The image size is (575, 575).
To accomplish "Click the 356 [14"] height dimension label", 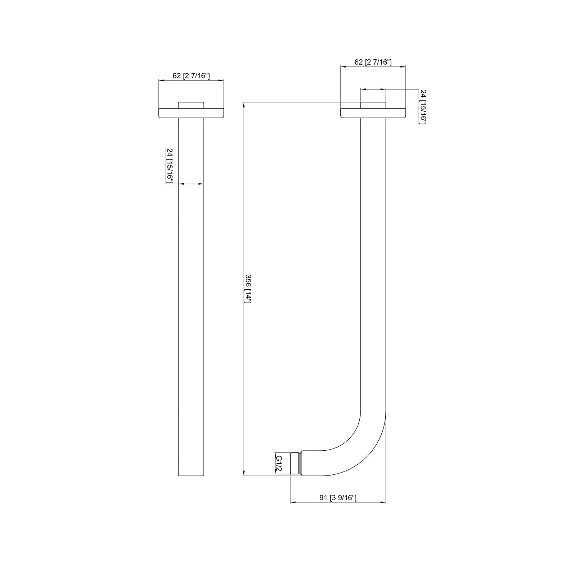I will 248,289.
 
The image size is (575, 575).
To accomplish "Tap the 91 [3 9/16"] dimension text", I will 338,498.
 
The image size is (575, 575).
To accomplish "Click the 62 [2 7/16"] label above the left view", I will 191,76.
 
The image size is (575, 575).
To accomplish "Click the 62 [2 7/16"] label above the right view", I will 373,62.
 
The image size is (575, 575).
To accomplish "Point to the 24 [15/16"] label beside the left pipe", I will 169,166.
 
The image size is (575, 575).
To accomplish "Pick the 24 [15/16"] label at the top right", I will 423,107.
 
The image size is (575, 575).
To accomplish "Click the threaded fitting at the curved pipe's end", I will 295,464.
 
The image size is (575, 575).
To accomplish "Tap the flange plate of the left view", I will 191,113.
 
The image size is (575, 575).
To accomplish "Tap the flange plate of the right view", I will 373,113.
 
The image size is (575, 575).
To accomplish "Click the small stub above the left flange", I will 191,105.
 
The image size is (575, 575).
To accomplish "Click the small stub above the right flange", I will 373,105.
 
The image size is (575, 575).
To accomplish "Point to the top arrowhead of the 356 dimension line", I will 244,105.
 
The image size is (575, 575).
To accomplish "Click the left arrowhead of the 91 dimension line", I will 292,502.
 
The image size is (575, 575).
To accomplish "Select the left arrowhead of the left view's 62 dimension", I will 161,80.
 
